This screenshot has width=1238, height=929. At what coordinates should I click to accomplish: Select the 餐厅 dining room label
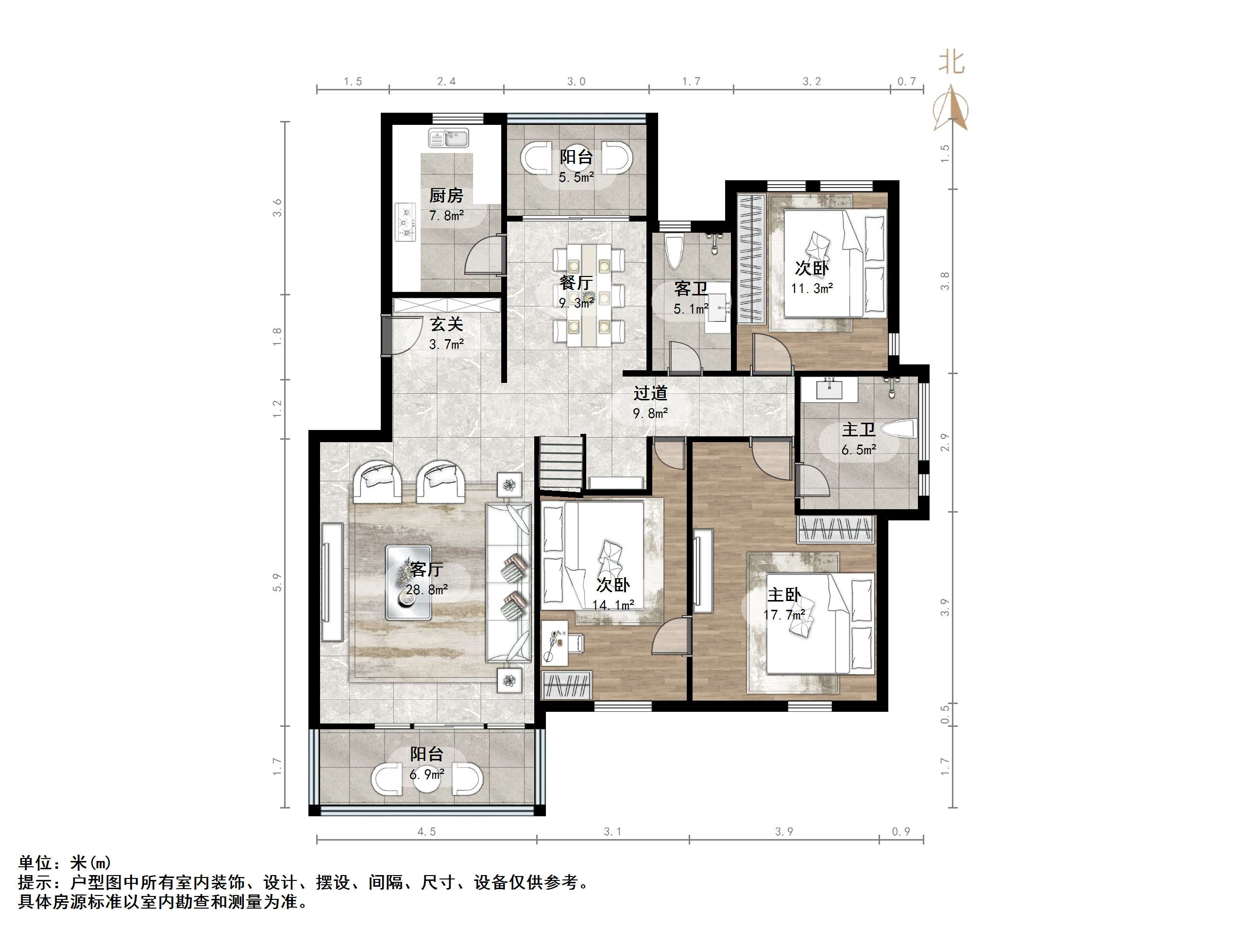(576, 282)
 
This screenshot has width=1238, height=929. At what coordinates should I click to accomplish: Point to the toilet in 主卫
(899, 430)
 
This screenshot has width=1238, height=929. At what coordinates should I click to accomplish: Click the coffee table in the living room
(408, 583)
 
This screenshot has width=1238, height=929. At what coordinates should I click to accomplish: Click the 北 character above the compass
(951, 62)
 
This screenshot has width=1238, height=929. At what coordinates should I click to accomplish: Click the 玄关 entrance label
(447, 324)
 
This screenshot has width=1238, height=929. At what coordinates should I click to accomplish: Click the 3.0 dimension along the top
(576, 82)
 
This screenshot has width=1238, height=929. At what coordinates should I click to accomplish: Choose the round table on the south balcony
(427, 779)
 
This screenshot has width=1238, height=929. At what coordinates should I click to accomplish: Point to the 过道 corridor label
(650, 393)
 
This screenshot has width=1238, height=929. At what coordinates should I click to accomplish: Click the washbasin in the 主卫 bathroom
(829, 388)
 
